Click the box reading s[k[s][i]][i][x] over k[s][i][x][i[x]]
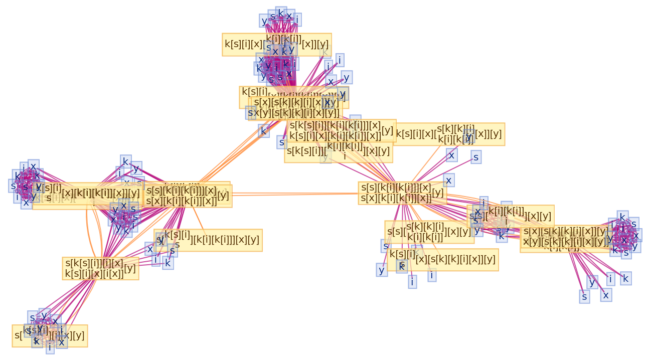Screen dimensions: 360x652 click(100, 268)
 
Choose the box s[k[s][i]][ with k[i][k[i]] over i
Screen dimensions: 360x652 click(338, 151)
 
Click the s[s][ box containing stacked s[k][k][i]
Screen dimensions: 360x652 click(429, 232)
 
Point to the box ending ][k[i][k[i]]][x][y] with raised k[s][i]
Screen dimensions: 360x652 click(208, 240)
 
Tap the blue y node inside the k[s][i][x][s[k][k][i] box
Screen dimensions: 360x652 click(469, 136)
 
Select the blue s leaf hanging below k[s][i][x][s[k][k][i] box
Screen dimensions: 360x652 click(476, 157)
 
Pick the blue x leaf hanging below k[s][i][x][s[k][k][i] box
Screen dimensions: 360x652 click(452, 155)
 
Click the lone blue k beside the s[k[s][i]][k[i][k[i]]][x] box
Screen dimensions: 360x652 click(263, 131)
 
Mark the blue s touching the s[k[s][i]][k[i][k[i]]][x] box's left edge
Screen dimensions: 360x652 click(282, 142)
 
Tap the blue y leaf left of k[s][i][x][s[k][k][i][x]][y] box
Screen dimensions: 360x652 click(382, 270)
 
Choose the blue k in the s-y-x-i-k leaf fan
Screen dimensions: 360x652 click(625, 278)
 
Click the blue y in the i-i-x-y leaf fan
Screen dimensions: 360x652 click(346, 77)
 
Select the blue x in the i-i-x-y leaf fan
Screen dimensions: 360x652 click(330, 81)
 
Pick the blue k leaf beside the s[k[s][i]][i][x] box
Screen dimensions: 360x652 click(168, 263)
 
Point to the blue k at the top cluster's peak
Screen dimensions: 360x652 click(281, 14)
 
